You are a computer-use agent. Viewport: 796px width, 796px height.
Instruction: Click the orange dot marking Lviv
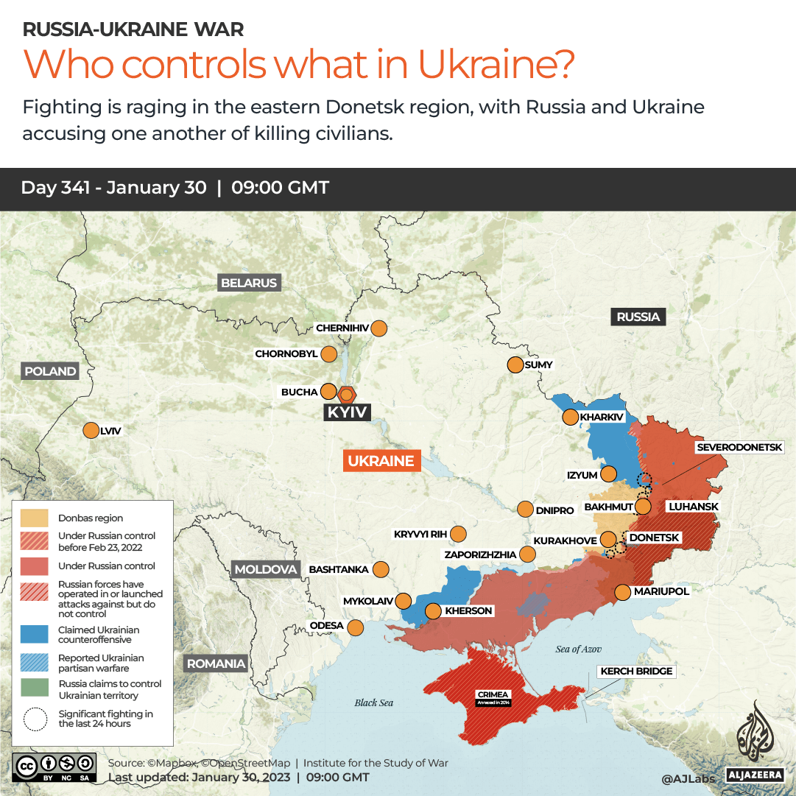click(91, 431)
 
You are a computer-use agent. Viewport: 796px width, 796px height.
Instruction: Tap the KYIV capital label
click(347, 412)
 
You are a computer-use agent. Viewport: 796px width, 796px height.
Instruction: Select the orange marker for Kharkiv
click(570, 418)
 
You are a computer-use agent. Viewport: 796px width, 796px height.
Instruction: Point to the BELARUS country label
click(249, 283)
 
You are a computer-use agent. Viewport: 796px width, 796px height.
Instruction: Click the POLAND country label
click(50, 371)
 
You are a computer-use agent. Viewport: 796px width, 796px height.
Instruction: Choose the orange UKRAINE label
click(381, 462)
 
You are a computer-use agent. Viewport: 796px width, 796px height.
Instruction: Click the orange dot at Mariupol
click(622, 591)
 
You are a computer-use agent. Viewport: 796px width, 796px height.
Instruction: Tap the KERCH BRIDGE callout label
click(636, 671)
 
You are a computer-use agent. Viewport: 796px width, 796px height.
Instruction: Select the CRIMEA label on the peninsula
click(493, 694)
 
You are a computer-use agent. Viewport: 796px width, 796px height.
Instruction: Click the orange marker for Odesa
click(356, 628)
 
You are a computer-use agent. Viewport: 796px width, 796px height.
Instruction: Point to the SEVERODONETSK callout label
click(744, 447)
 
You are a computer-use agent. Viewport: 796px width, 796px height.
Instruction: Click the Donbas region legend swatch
click(35, 518)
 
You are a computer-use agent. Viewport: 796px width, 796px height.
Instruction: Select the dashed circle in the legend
click(35, 719)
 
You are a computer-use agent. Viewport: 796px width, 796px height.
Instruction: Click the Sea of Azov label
click(579, 649)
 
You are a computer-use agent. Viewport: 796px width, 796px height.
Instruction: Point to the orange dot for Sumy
click(515, 364)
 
